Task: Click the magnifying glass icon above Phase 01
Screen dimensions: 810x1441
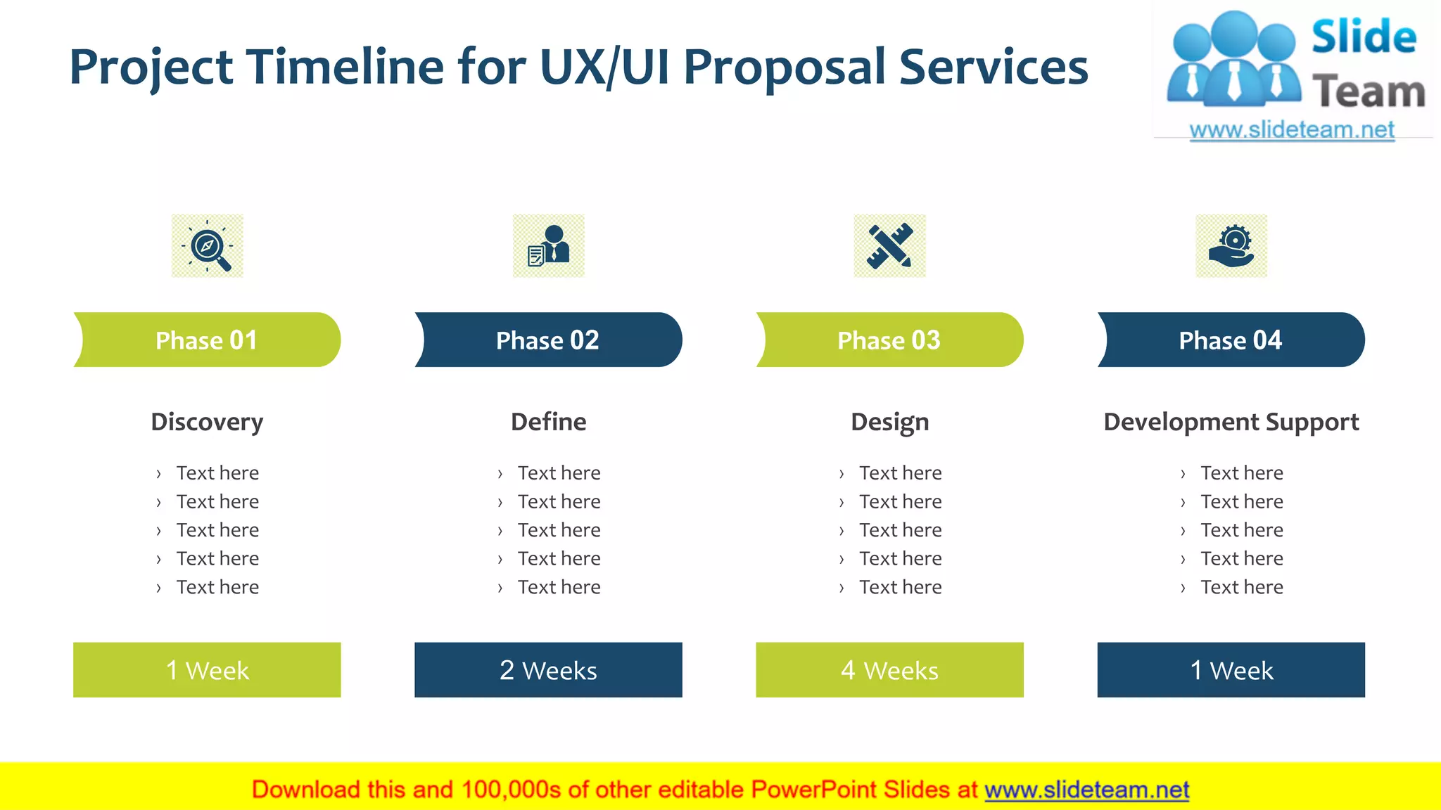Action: click(x=208, y=246)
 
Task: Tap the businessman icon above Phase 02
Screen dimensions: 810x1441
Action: click(x=549, y=246)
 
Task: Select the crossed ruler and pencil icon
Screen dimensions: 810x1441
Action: click(x=890, y=246)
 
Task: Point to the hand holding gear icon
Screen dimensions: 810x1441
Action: click(x=1231, y=246)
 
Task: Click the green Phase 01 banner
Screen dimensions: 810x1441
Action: click(x=207, y=340)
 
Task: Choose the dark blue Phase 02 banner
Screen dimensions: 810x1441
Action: click(x=548, y=340)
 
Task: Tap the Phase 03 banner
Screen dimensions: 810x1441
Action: click(x=889, y=340)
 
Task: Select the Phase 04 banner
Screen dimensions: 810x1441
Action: click(x=1231, y=340)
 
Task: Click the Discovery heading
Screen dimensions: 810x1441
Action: click(x=207, y=422)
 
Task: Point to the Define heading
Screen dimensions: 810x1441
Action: click(x=548, y=422)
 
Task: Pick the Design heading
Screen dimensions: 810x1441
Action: click(x=889, y=422)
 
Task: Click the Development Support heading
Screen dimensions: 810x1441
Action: click(x=1231, y=422)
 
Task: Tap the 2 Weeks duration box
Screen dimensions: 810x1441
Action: click(x=548, y=669)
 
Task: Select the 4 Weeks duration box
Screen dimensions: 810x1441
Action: click(x=889, y=669)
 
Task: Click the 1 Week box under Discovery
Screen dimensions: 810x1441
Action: click(x=207, y=669)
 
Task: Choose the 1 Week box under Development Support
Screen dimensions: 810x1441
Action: click(x=1231, y=669)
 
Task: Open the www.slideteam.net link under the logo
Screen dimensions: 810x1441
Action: click(x=1292, y=130)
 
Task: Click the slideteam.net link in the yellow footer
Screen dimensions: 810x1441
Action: click(x=1086, y=790)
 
